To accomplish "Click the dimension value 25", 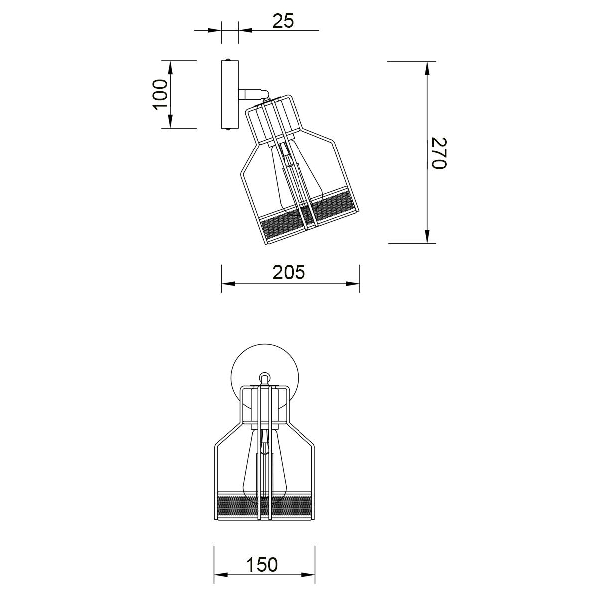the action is point(283,21).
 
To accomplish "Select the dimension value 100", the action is point(160,95).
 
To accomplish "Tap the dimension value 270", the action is point(439,153).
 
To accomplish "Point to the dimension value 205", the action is point(289,272).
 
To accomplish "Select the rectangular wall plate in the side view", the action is point(230,95).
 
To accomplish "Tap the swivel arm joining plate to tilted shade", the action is point(253,94).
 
